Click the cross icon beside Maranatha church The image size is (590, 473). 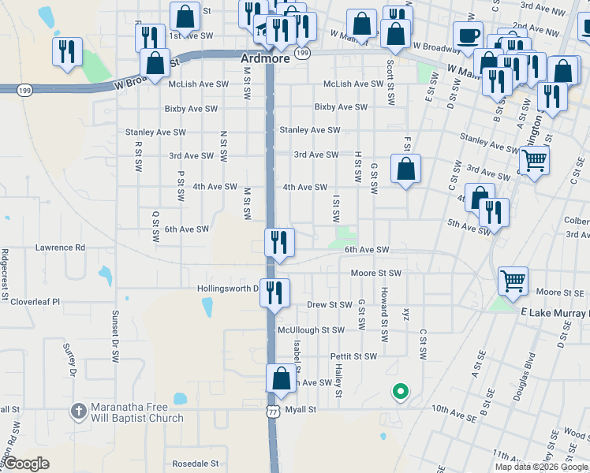click(x=78, y=411)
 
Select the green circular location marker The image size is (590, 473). click(x=400, y=390)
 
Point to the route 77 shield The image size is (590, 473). click(x=273, y=412)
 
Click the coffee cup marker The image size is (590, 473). click(x=468, y=35)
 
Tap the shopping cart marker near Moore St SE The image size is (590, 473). click(x=513, y=281)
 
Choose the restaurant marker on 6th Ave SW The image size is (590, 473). click(x=278, y=241)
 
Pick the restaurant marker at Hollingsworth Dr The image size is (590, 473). click(x=274, y=292)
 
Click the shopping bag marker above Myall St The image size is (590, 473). click(x=281, y=378)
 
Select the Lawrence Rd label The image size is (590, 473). click(x=60, y=248)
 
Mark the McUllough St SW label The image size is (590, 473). click(x=311, y=330)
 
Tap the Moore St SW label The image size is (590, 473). click(x=376, y=273)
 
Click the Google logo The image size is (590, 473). click(x=27, y=464)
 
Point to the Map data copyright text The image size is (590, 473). click(x=541, y=467)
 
